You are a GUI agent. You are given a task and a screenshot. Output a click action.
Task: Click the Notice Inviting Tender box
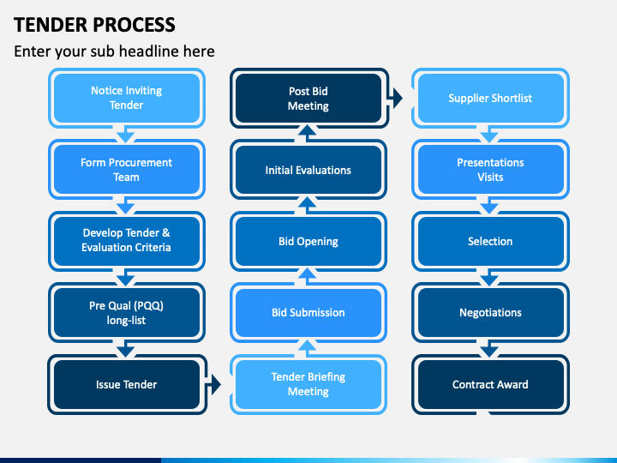(x=126, y=98)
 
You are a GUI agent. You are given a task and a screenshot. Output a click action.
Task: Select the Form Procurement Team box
(x=126, y=169)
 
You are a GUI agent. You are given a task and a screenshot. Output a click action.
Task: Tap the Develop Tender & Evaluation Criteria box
(x=126, y=241)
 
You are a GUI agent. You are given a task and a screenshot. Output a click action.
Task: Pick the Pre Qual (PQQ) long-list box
(x=126, y=313)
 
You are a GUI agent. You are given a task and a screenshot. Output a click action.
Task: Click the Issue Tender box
(x=126, y=384)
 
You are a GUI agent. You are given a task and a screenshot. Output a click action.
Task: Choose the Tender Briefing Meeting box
(x=308, y=384)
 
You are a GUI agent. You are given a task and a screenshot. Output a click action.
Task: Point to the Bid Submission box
(x=308, y=313)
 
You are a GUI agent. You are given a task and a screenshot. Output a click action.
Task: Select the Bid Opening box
(x=308, y=241)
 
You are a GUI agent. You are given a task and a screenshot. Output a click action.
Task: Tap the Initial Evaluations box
(x=308, y=169)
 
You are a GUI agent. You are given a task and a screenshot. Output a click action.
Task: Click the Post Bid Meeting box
(x=308, y=98)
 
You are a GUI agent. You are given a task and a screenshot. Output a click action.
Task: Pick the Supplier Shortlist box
(x=490, y=98)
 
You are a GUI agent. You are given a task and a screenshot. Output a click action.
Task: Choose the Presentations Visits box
(x=490, y=169)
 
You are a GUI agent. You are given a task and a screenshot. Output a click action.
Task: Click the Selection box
(x=490, y=241)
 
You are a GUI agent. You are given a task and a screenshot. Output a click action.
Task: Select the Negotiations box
(x=490, y=313)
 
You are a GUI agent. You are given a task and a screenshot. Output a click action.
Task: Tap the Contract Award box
(x=490, y=384)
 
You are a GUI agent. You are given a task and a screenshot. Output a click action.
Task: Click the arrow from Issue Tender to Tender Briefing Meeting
(x=213, y=384)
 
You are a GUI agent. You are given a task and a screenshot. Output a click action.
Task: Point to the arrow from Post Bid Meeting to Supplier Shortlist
(x=395, y=98)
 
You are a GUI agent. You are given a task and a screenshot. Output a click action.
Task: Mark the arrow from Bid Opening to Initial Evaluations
(x=308, y=205)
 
